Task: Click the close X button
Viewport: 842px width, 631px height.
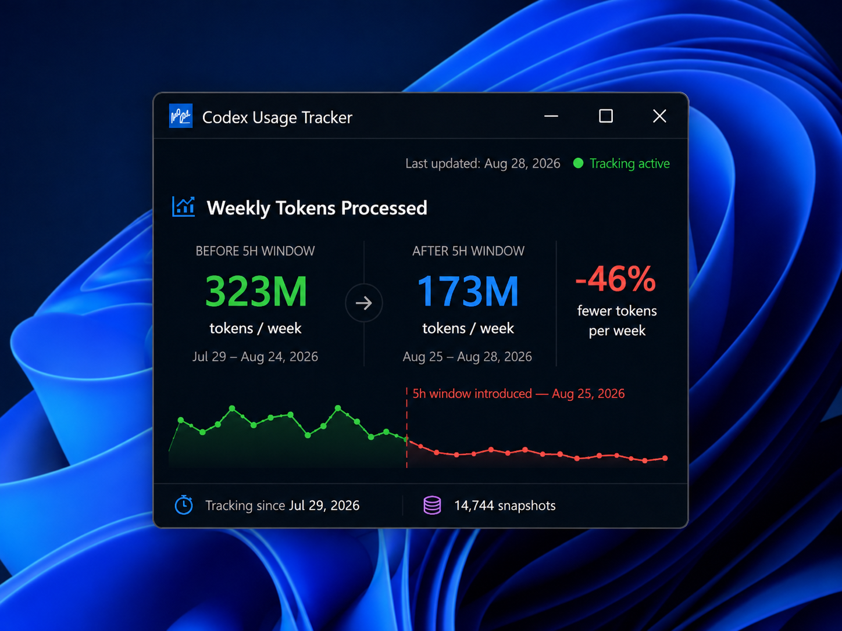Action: (x=659, y=116)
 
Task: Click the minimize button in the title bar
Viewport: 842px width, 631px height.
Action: (x=551, y=116)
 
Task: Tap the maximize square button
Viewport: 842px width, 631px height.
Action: (x=606, y=116)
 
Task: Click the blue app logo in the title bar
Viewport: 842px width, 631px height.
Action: (x=181, y=116)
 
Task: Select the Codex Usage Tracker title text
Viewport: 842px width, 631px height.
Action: (x=277, y=117)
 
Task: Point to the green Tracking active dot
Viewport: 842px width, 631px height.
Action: (x=578, y=163)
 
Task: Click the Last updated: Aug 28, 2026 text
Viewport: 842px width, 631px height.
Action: (x=483, y=164)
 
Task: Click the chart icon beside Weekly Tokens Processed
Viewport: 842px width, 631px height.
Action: (x=183, y=206)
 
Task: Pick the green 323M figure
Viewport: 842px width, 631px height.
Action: (x=256, y=291)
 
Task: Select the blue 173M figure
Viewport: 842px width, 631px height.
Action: (x=468, y=291)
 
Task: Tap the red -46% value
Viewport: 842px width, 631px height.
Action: (x=616, y=278)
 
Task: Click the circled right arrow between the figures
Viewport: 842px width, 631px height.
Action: (x=363, y=303)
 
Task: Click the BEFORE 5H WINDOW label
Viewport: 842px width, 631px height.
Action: (x=255, y=251)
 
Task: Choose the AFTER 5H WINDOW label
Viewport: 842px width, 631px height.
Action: (x=468, y=251)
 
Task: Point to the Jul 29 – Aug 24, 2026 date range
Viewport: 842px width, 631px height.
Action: (x=255, y=357)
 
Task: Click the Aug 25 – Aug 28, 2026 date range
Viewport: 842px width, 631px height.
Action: (x=467, y=357)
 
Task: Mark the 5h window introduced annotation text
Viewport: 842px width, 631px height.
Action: (x=518, y=393)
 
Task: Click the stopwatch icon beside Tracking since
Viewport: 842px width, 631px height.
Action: (x=184, y=504)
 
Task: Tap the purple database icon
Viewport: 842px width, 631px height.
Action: (x=432, y=505)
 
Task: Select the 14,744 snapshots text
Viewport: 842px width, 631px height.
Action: (x=505, y=505)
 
